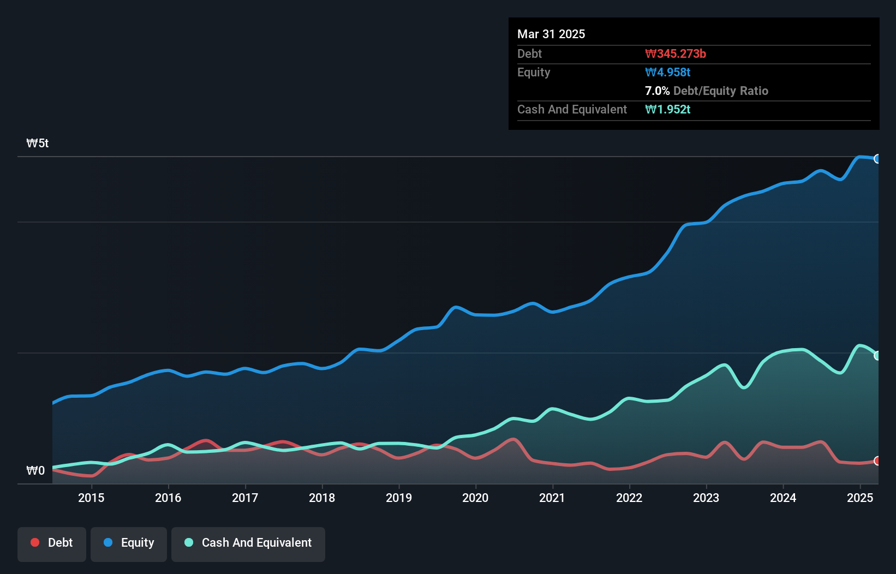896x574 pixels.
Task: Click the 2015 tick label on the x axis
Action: [91, 498]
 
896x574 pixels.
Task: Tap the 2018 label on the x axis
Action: [322, 498]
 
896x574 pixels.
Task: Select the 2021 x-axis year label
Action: [552, 498]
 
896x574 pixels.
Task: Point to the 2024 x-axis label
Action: [783, 498]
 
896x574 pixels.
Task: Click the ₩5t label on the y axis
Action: [38, 143]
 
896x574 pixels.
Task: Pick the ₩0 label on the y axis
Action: [35, 471]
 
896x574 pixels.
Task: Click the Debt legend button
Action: [52, 543]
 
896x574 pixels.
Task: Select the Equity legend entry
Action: [129, 543]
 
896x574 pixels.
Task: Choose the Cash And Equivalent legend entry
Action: [248, 543]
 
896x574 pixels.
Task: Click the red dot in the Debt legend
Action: [35, 542]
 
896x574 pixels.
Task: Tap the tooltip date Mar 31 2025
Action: [551, 34]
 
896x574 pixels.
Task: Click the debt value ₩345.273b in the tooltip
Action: [676, 53]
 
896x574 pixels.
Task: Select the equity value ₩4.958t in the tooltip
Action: [668, 72]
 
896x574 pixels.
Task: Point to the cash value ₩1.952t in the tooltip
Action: [668, 109]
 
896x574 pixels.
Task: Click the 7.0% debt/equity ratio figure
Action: [657, 91]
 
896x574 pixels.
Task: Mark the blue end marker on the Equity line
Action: [877, 159]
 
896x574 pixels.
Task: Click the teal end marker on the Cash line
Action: [877, 356]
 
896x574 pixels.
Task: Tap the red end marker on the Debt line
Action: [877, 461]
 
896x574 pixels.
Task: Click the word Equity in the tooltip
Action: [534, 72]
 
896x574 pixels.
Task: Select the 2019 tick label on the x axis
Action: [399, 498]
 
